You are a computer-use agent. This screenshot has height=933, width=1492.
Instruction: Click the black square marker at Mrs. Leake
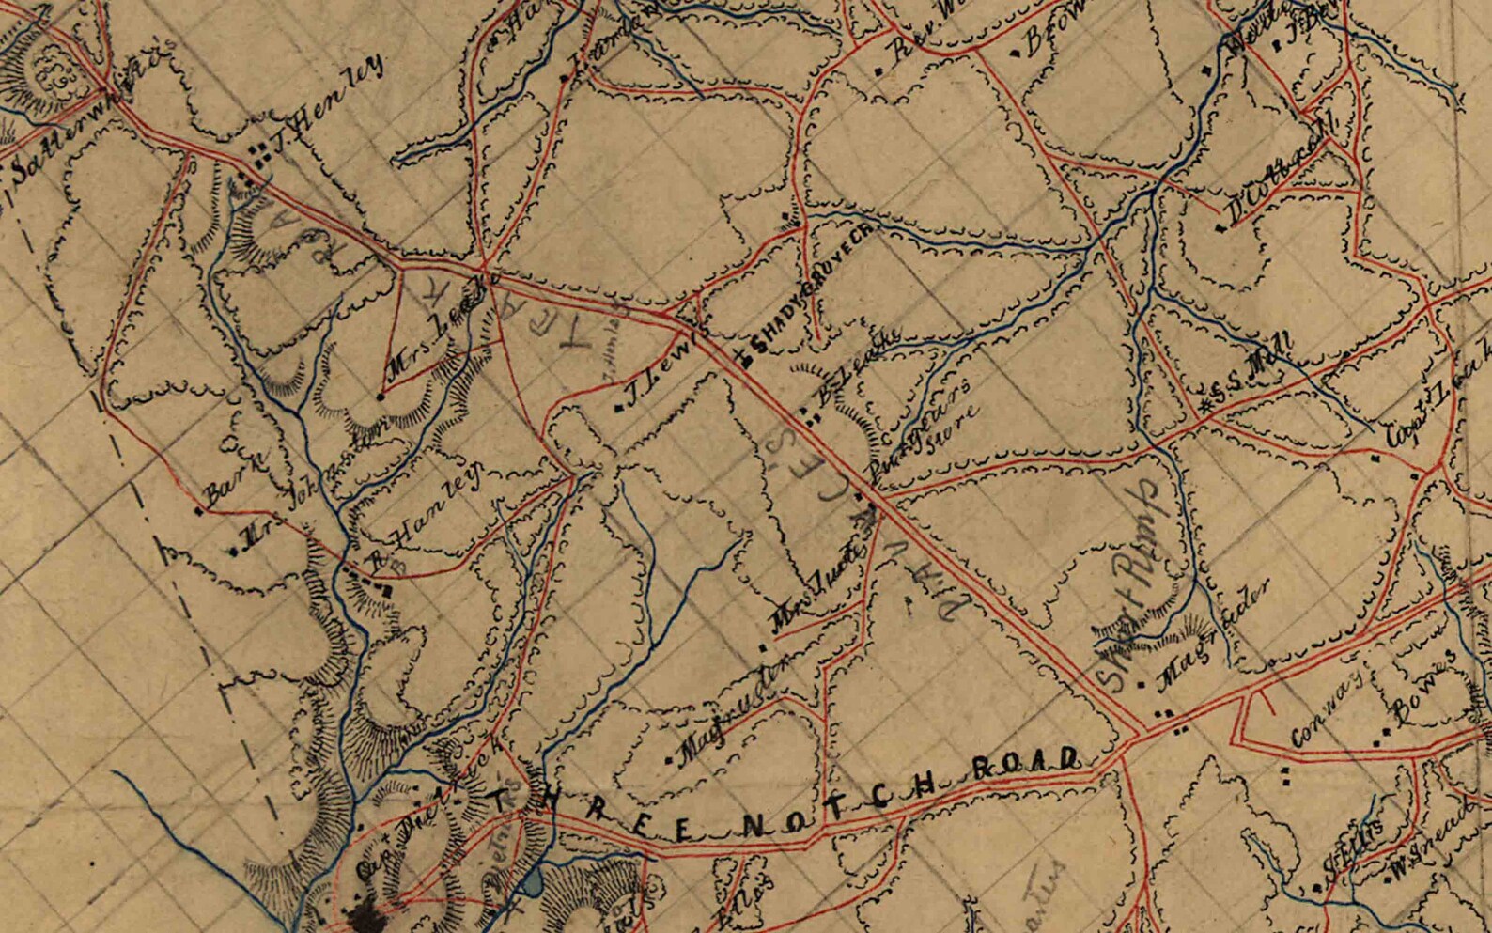pyautogui.click(x=381, y=397)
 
